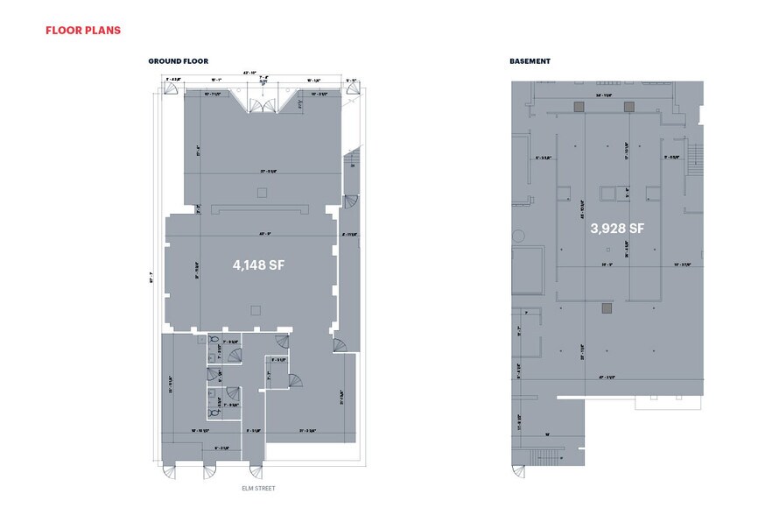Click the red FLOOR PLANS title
click(82, 31)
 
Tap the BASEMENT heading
click(530, 61)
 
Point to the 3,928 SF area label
click(616, 229)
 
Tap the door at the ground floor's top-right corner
click(352, 92)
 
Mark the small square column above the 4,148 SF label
click(259, 191)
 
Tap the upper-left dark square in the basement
click(578, 106)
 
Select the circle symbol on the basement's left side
click(518, 235)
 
